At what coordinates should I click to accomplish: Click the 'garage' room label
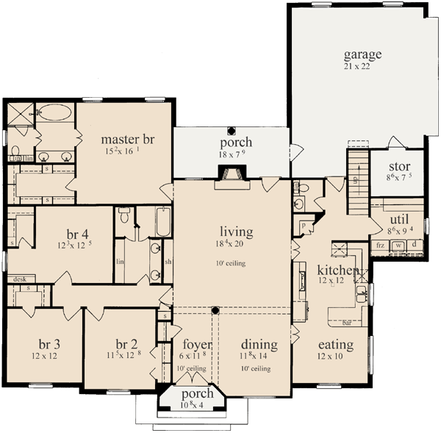[362, 54]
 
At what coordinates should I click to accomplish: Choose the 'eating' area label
[335, 344]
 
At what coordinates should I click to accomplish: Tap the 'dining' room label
[259, 344]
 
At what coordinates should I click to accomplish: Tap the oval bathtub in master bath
[54, 113]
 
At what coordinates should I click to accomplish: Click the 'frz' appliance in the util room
[381, 245]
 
